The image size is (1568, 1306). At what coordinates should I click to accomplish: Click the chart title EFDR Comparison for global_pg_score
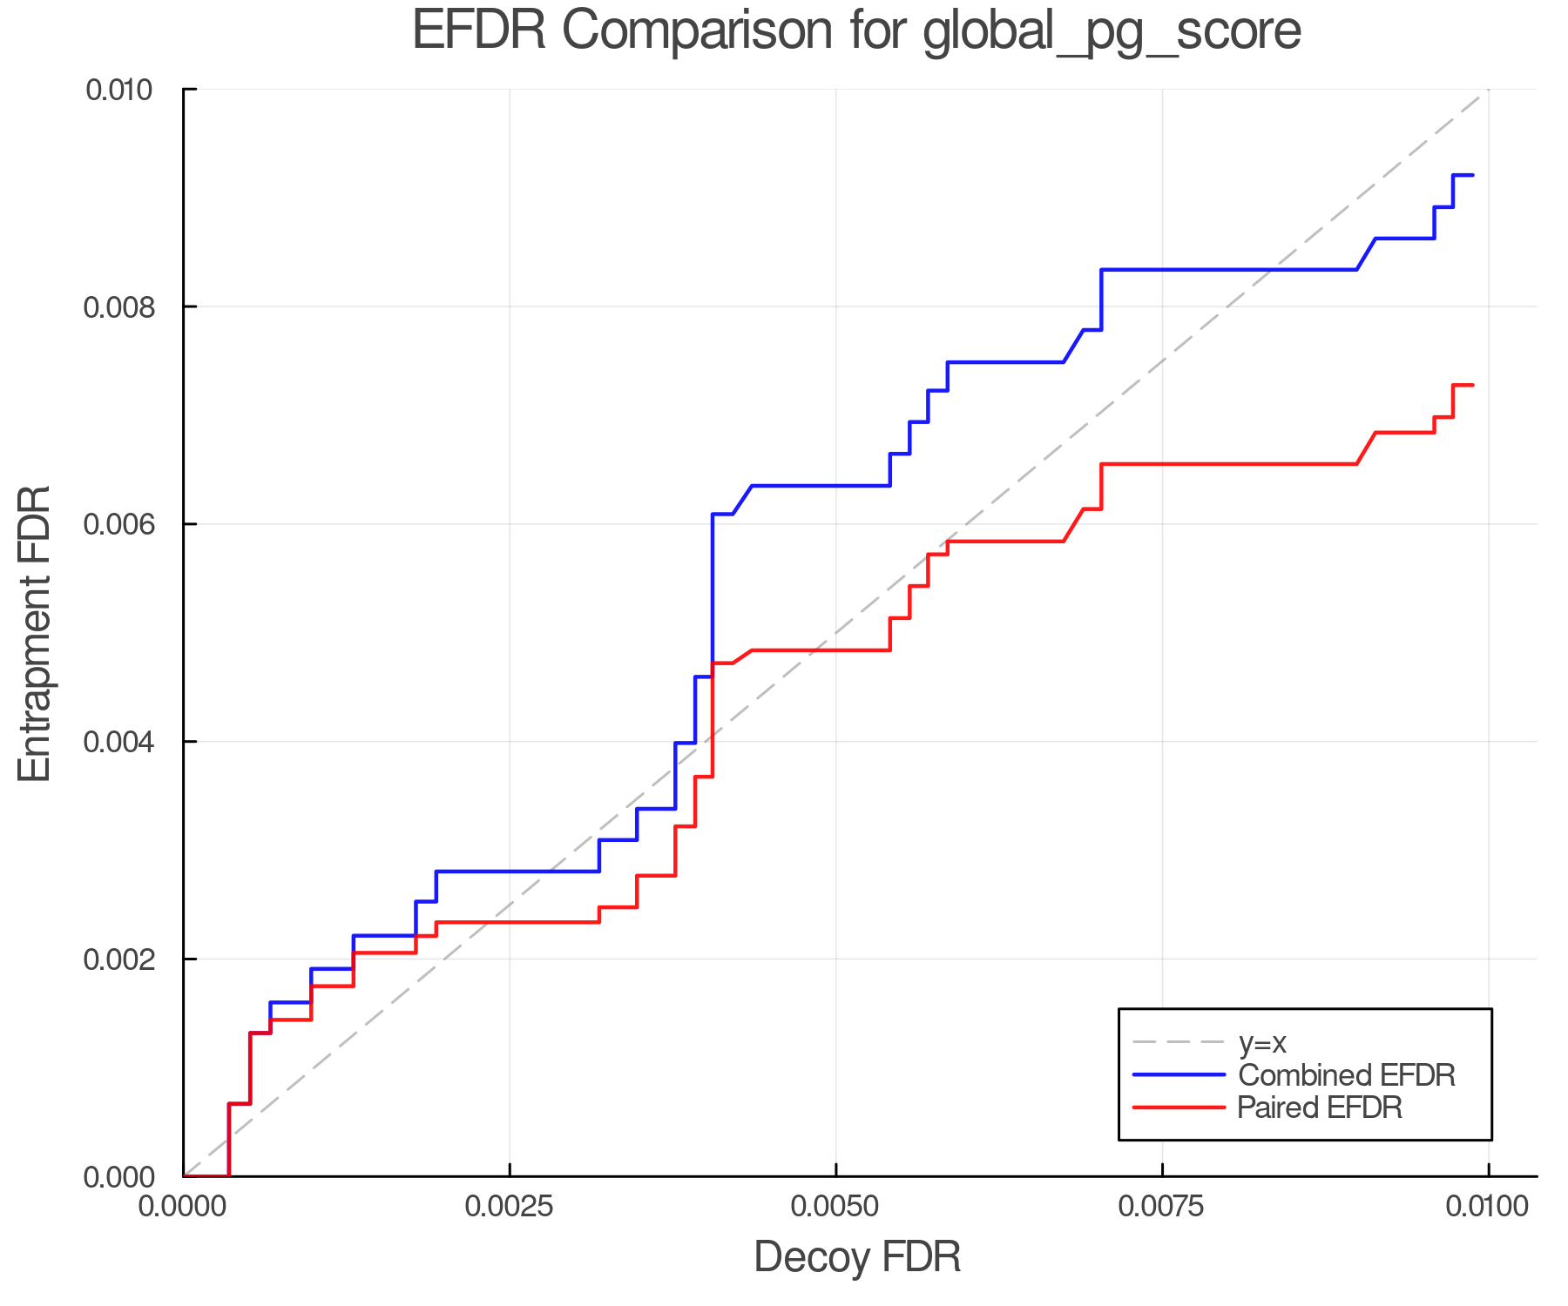(x=856, y=30)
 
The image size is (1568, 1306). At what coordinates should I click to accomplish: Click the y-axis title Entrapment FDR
(x=36, y=634)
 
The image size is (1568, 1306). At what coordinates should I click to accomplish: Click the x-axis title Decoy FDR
(x=857, y=1257)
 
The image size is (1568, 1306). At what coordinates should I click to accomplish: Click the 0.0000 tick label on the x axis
(x=184, y=1206)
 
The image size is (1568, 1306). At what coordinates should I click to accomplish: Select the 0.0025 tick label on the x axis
(x=510, y=1206)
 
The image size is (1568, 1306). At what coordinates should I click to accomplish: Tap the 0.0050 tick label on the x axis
(x=836, y=1206)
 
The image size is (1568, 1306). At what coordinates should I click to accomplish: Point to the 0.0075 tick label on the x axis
(x=1163, y=1206)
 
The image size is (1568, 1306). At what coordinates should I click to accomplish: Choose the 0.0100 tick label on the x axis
(x=1489, y=1206)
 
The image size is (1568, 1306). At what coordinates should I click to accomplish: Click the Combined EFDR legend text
(x=1347, y=1075)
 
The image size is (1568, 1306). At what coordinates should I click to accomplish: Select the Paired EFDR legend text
(x=1320, y=1107)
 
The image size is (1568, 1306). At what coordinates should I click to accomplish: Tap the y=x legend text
(x=1263, y=1042)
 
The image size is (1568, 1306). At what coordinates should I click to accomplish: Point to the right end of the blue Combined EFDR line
(x=1473, y=176)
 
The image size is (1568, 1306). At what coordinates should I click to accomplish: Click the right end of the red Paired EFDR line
(x=1473, y=385)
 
